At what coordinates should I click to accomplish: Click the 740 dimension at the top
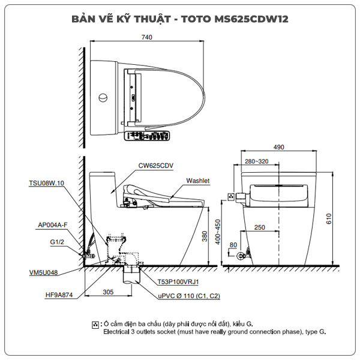pyautogui.click(x=147, y=37)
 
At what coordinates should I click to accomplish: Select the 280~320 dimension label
pyautogui.click(x=256, y=161)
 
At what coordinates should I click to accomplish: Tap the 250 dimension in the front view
pyautogui.click(x=259, y=227)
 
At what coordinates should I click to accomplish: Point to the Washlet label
pyautogui.click(x=197, y=180)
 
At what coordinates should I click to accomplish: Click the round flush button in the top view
pyautogui.click(x=103, y=97)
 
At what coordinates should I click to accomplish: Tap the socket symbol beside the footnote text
pyautogui.click(x=95, y=325)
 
